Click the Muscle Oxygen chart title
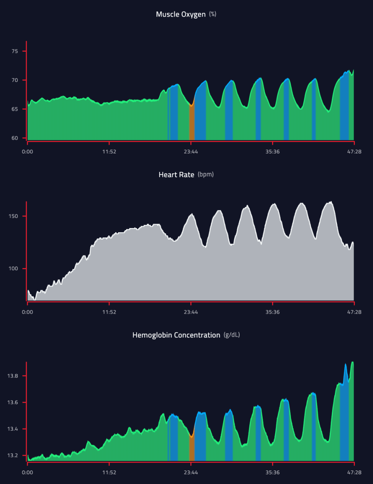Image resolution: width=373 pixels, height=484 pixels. coord(181,15)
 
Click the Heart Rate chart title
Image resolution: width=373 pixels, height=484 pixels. coord(177,175)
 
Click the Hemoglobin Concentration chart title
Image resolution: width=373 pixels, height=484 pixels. coord(176,335)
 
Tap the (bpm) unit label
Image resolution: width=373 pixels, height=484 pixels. coord(205,175)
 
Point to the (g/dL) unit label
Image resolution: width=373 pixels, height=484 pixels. coord(232,335)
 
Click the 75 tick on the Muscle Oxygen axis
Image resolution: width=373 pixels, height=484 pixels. coord(15,51)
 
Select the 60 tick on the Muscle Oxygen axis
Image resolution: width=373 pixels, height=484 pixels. coord(15,138)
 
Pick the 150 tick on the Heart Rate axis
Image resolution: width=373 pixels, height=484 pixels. coord(14,216)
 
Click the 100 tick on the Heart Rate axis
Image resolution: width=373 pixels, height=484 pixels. coord(14,268)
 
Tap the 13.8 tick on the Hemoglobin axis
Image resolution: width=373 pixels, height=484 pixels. coord(13,376)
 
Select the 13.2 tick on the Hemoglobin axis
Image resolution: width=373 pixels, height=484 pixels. coord(13,455)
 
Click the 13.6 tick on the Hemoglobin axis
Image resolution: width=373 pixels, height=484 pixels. coord(13,402)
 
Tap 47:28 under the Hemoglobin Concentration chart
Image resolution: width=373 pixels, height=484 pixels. coord(354,472)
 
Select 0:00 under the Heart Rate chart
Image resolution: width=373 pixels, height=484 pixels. coord(27,312)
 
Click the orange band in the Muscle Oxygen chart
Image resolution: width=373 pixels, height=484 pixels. coord(192,123)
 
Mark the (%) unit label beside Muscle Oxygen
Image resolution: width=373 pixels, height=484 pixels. coord(213,15)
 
